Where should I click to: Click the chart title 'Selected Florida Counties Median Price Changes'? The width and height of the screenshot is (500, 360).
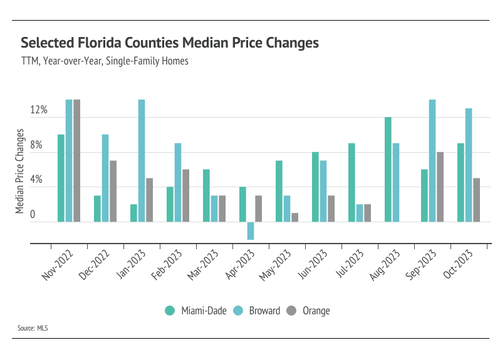coord(170,43)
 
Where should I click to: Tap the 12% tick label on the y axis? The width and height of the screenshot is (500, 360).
coord(39,110)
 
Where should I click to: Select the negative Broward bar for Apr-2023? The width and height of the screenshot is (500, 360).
coord(251,230)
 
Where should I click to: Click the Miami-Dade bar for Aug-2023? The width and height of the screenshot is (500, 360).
coord(388,169)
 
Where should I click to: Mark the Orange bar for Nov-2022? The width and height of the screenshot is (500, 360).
coord(77,160)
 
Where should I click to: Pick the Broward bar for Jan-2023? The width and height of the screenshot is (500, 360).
coord(142,160)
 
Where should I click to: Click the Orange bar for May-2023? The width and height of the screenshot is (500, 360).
coord(294,217)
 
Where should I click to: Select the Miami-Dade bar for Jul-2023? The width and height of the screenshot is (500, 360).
coord(352,182)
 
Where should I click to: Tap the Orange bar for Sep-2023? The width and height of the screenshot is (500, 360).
coord(440,187)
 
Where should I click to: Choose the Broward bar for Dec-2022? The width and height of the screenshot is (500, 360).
coord(105,178)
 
